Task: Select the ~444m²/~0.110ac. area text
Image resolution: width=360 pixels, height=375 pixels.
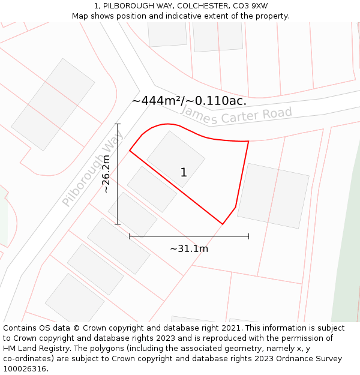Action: [189, 101]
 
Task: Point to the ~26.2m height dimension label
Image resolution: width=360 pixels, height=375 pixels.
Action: [106, 174]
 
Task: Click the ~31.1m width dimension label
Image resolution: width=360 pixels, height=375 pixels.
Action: [189, 248]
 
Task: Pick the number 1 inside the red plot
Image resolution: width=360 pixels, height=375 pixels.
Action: [184, 173]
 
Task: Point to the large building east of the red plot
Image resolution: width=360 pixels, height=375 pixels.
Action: [273, 196]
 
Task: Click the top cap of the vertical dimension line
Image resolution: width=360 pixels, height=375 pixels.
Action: [118, 124]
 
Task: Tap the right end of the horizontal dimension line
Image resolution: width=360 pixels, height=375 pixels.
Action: [248, 236]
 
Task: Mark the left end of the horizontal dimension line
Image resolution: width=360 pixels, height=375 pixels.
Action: [130, 236]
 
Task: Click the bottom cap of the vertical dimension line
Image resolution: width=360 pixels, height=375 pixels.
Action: [118, 224]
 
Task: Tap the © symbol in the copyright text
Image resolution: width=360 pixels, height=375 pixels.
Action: [77, 328]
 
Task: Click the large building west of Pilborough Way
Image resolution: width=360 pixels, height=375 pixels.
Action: [53, 104]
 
